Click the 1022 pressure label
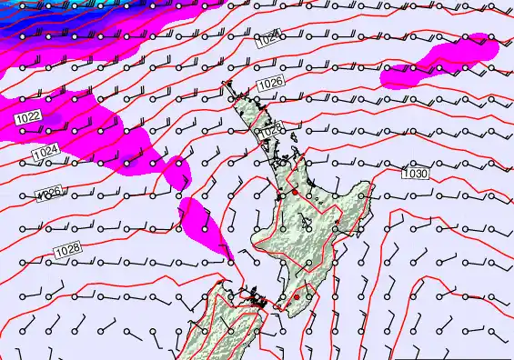point(27,117)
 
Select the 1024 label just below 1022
point(45,151)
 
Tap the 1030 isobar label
point(415,173)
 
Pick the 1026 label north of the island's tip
point(270,84)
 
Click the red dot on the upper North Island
point(294,193)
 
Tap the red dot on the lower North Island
point(296,297)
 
